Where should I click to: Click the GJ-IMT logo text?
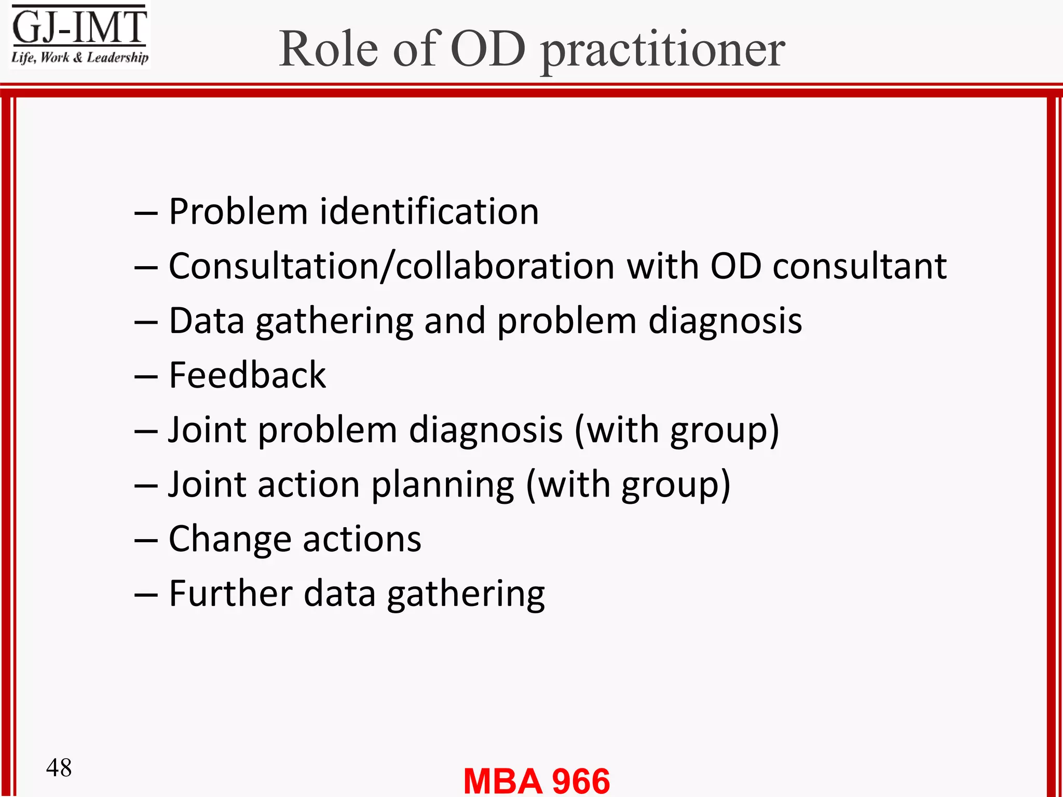click(x=79, y=27)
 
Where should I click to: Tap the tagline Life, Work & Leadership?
click(x=79, y=57)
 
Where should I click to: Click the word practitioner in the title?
click(x=663, y=51)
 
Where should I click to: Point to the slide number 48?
click(x=59, y=767)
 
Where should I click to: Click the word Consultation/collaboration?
click(x=392, y=266)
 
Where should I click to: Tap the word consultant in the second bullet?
click(x=860, y=266)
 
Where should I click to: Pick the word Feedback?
click(x=248, y=375)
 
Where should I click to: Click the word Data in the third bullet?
click(x=207, y=321)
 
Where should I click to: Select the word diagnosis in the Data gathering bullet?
click(x=725, y=321)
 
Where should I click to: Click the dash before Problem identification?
click(x=146, y=213)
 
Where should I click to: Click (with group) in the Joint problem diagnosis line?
click(x=677, y=431)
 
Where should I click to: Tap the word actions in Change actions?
click(x=362, y=540)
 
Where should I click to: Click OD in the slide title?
click(x=488, y=49)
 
